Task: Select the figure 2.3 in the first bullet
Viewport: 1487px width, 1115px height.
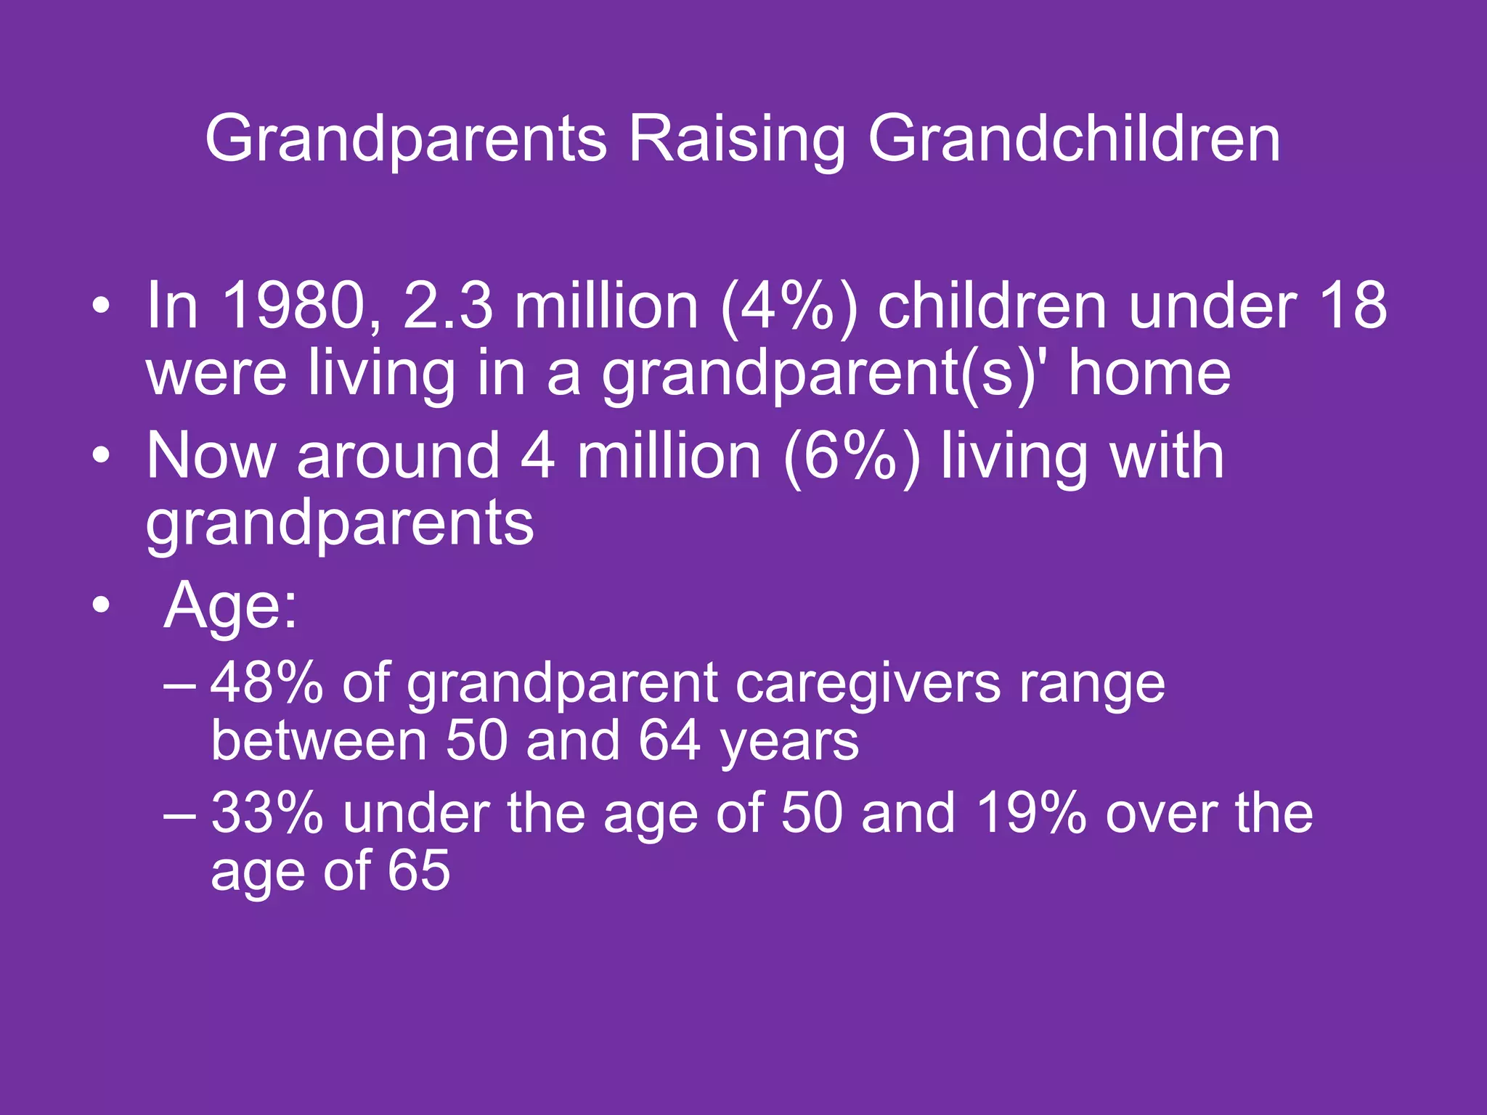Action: [x=447, y=306]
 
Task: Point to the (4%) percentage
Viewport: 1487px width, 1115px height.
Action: [x=789, y=306]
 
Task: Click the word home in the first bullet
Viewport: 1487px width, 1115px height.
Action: [x=1149, y=373]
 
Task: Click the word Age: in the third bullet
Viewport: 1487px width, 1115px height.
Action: [x=230, y=605]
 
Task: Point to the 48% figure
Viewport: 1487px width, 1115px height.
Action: [x=266, y=683]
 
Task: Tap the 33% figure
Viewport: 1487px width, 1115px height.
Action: [x=266, y=813]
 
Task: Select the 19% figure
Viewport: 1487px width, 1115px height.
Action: [x=1030, y=813]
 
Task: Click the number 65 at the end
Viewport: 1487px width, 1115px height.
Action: [x=418, y=870]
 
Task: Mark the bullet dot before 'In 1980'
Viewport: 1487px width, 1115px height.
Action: [x=102, y=307]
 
